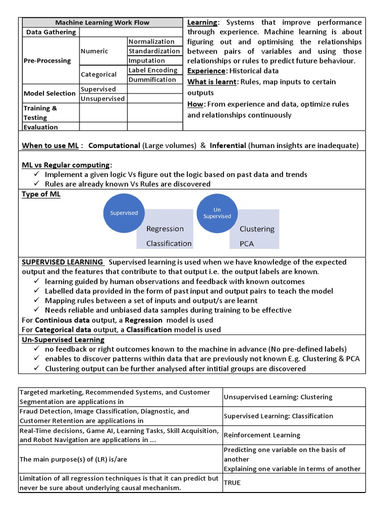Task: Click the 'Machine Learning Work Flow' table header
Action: click(102, 22)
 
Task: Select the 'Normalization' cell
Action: click(151, 41)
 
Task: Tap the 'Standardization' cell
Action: click(154, 51)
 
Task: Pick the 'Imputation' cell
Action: click(147, 60)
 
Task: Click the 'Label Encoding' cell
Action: click(153, 70)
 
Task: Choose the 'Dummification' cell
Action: click(152, 79)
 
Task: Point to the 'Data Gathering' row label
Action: click(51, 32)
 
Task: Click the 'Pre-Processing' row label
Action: click(47, 60)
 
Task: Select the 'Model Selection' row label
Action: click(50, 93)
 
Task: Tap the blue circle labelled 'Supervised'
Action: click(123, 213)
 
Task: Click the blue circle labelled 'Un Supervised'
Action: click(217, 213)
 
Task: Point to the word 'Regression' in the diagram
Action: click(165, 229)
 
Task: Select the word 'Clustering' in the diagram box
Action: click(257, 229)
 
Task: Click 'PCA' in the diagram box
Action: click(247, 243)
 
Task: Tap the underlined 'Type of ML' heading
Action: click(41, 194)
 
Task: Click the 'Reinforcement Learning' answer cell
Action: click(262, 435)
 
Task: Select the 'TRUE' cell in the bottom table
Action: click(232, 483)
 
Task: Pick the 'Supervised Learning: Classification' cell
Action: click(278, 416)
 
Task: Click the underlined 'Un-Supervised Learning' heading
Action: click(63, 339)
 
